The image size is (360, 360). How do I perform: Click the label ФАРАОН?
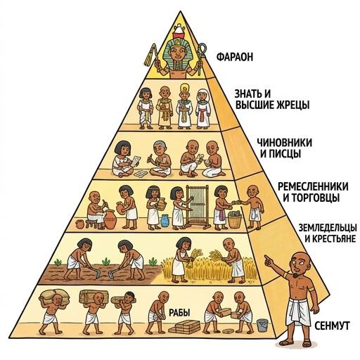[235, 57]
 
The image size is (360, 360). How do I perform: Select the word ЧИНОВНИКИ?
[285, 143]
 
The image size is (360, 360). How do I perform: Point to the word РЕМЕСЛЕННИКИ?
[313, 187]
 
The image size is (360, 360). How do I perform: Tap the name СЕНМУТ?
[332, 326]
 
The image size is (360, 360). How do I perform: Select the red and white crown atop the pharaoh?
[179, 32]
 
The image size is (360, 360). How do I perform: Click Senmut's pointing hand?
[269, 261]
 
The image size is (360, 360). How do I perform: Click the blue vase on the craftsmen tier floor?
[165, 221]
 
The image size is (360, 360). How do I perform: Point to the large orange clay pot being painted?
[110, 219]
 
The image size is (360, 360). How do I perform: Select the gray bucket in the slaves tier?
[262, 325]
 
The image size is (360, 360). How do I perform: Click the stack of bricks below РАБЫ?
[184, 326]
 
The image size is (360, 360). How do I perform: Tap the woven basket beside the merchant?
[235, 219]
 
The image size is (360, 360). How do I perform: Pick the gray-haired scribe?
[160, 160]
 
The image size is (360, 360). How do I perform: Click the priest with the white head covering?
[203, 109]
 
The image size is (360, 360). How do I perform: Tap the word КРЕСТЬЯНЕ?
[330, 239]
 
